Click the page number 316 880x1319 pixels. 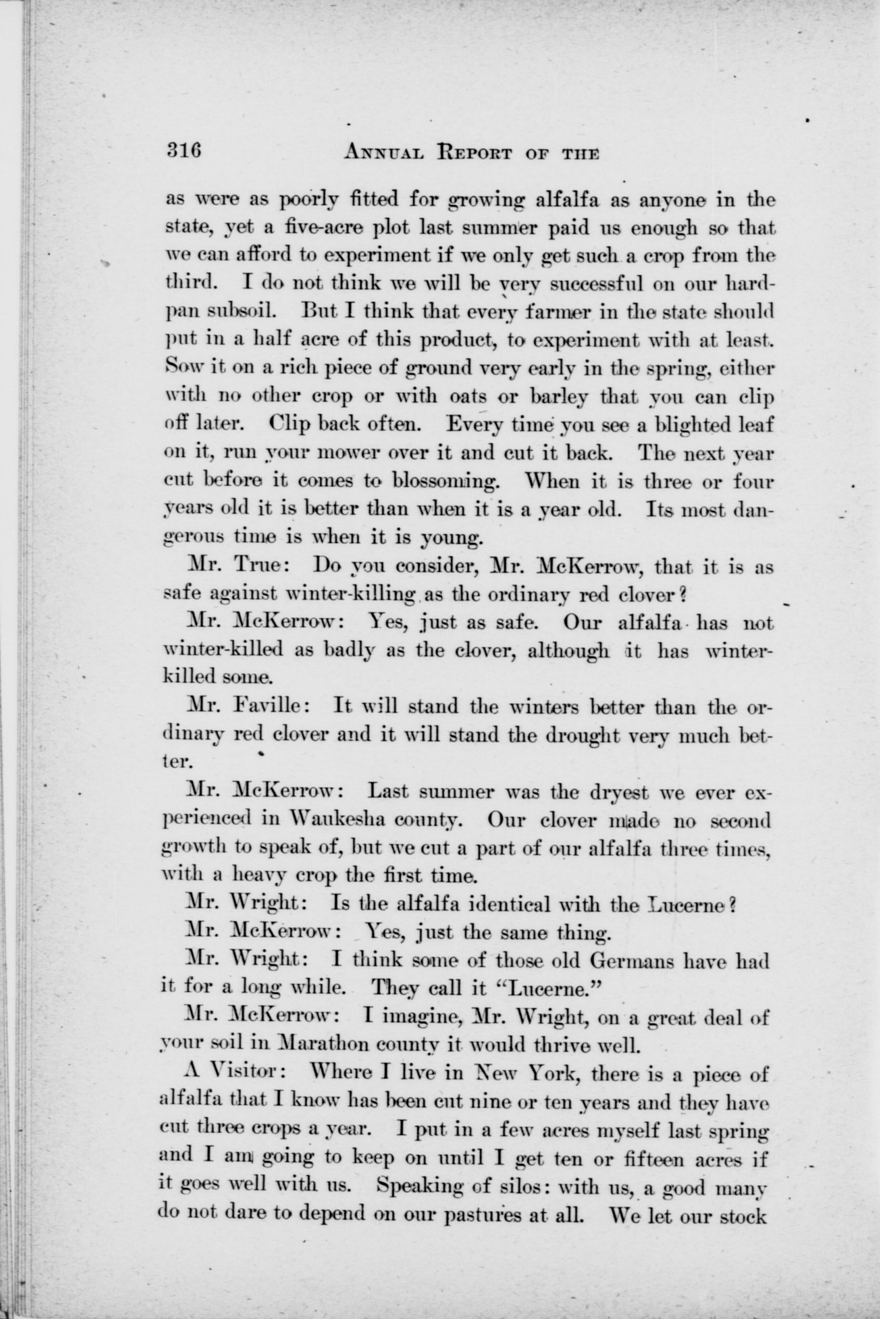(x=182, y=151)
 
